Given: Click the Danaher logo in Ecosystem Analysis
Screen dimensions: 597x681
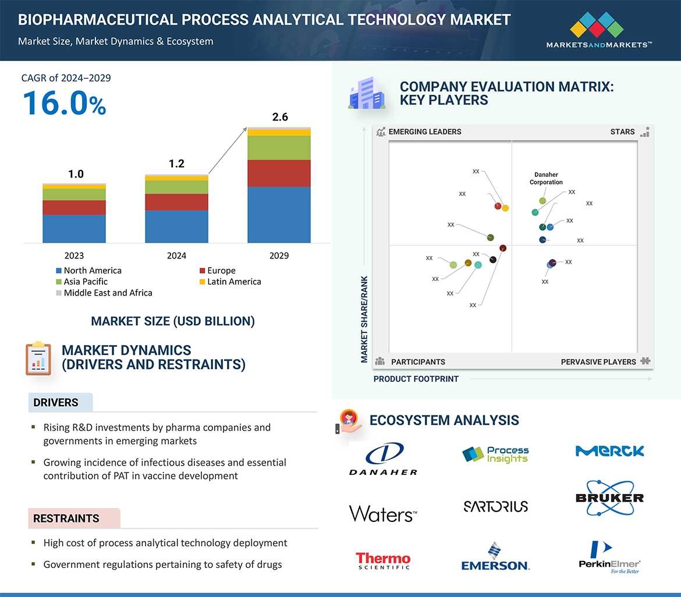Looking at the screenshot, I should tap(384, 459).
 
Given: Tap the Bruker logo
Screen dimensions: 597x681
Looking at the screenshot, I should tap(609, 497).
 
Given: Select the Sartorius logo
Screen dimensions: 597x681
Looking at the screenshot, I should tap(496, 506).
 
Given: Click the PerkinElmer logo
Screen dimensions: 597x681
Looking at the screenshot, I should tap(609, 557).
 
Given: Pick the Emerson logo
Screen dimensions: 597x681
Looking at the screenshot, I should tap(495, 557).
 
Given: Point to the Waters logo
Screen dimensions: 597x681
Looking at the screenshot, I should tap(383, 513).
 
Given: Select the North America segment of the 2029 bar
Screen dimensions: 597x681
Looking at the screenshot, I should tap(279, 214).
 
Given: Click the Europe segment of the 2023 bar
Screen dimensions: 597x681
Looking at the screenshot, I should tap(74, 208).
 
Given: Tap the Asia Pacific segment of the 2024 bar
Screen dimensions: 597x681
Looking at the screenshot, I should tap(176, 187).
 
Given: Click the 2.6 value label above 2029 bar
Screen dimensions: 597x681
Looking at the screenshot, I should tap(280, 117).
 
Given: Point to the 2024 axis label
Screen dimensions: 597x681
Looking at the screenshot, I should tap(176, 255).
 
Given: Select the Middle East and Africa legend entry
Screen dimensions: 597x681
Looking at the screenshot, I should tap(108, 293).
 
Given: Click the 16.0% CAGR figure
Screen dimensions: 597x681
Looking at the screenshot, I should tap(64, 104).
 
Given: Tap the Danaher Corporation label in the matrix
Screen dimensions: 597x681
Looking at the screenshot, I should tap(546, 179).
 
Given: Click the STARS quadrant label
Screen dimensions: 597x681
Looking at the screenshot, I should tap(622, 132).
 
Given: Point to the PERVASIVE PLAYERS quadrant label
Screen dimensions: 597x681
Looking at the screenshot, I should tap(598, 362).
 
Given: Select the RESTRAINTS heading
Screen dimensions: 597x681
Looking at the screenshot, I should tap(66, 518).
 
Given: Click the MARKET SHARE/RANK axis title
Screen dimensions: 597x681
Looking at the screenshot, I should tap(364, 319).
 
